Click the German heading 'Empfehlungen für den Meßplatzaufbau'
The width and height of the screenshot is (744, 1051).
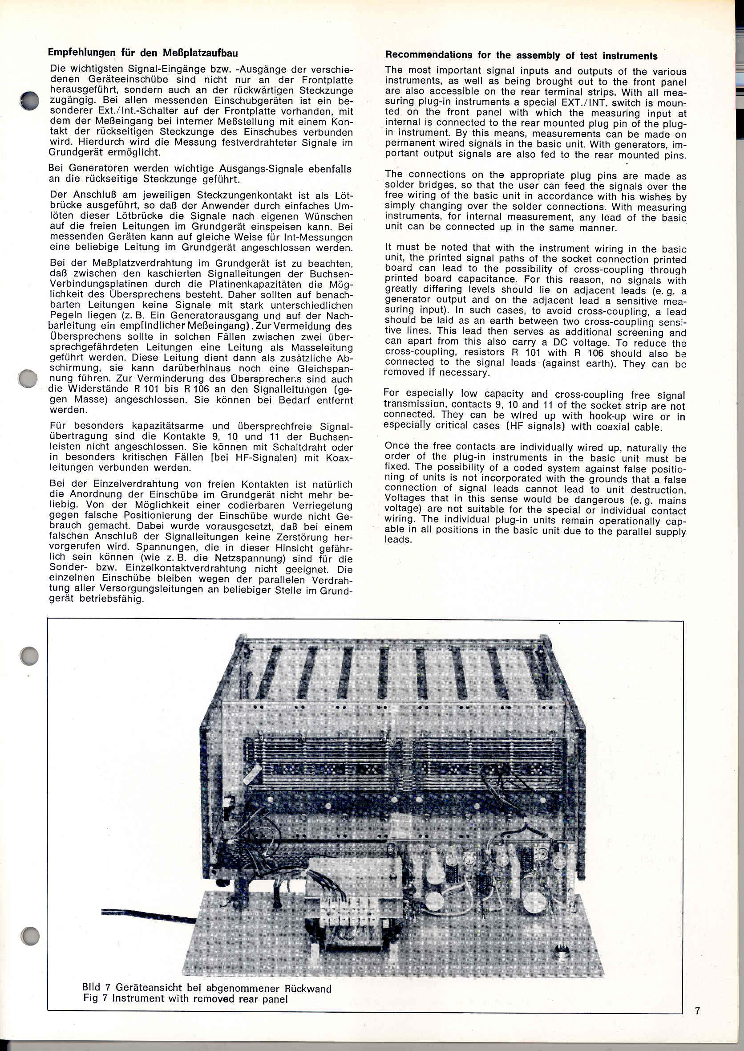(142, 52)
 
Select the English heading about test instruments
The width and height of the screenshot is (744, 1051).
(521, 56)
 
